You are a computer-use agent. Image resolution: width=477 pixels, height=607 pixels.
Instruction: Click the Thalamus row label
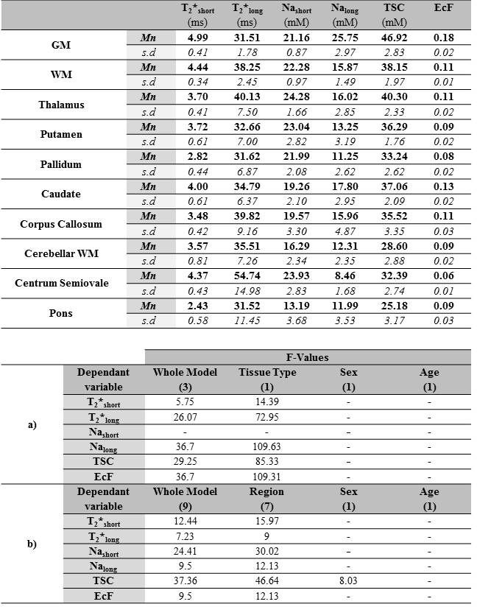(61, 105)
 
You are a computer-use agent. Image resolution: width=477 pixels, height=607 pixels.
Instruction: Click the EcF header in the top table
(443, 8)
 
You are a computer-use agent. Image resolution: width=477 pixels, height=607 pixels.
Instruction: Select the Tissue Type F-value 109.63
(266, 446)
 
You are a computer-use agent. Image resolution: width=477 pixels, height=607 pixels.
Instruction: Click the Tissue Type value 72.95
(266, 416)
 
